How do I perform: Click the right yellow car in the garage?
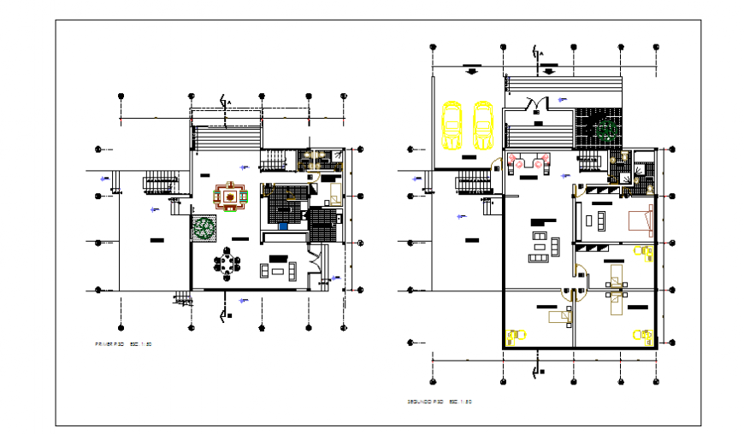pyautogui.click(x=483, y=125)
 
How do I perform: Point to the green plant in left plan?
pyautogui.click(x=204, y=227)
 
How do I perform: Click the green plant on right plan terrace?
pyautogui.click(x=607, y=131)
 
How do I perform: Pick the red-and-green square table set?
pyautogui.click(x=229, y=196)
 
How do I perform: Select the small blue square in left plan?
pyautogui.click(x=284, y=227)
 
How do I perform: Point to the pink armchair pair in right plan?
pyautogui.click(x=528, y=159)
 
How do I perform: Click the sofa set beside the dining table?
pyautogui.click(x=279, y=271)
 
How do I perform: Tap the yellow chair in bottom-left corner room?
pyautogui.click(x=515, y=335)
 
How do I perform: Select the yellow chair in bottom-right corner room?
pyautogui.click(x=641, y=335)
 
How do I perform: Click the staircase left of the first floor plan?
pyautogui.click(x=160, y=180)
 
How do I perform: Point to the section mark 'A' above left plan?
pyautogui.click(x=227, y=102)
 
